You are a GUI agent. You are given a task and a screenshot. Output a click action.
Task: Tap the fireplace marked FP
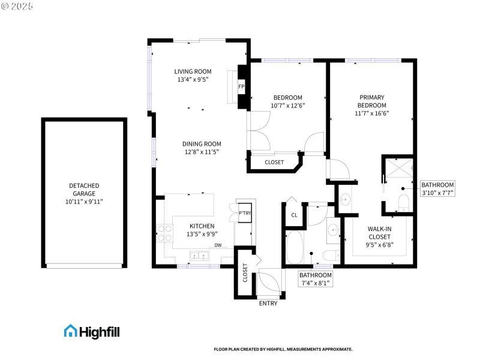[241, 87]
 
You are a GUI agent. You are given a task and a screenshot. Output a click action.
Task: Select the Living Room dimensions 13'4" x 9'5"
[193, 79]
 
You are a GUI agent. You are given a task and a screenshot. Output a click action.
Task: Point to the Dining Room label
[202, 144]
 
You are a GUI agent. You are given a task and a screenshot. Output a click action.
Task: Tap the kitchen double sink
[199, 256]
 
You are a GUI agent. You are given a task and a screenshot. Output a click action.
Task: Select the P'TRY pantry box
[245, 214]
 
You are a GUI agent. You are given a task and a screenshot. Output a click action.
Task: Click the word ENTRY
[268, 304]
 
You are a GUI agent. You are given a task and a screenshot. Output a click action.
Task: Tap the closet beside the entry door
[245, 273]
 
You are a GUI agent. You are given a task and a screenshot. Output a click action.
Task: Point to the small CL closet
[294, 215]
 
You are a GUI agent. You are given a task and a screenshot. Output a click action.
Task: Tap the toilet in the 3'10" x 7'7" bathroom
[403, 203]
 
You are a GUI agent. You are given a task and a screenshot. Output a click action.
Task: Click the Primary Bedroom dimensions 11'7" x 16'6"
[371, 113]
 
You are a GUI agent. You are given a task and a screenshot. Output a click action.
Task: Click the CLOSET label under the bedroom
[274, 162]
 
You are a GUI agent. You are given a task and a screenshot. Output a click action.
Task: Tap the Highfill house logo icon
[70, 331]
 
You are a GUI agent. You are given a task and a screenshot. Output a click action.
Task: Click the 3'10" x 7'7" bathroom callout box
[437, 189]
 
